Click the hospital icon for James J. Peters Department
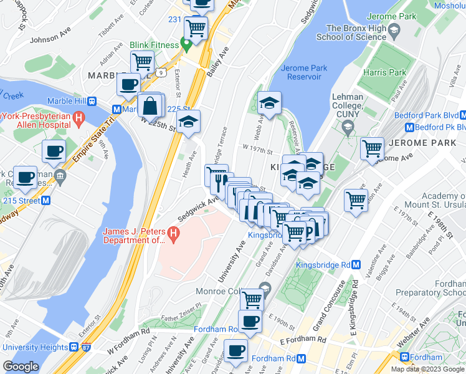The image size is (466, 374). [x=174, y=234]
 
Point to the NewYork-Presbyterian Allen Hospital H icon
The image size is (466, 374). [x=78, y=117]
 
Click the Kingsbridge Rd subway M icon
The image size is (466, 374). [x=355, y=264]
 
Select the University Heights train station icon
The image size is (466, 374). [x=74, y=347]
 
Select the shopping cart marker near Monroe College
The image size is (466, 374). [x=252, y=299]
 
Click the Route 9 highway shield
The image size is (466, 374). [x=161, y=73]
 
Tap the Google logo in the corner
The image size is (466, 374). [x=21, y=367]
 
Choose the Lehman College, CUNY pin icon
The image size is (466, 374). [x=348, y=127]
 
